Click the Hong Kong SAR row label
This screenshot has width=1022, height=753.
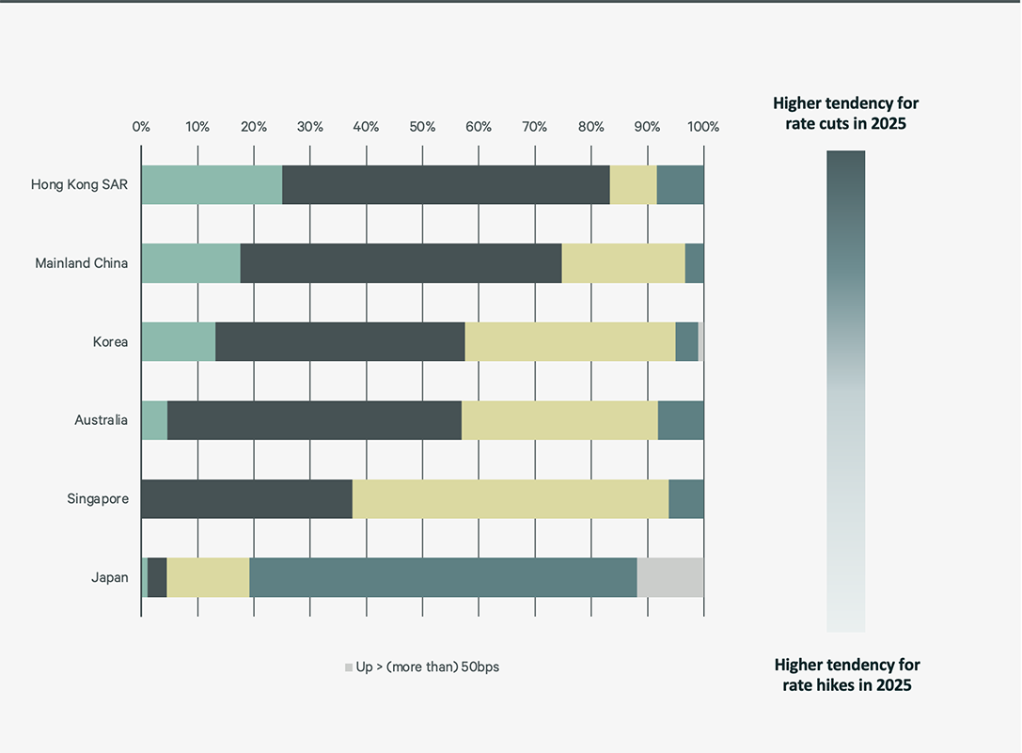[x=79, y=184]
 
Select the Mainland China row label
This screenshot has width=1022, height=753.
[x=81, y=263]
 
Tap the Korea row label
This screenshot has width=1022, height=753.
[x=110, y=342]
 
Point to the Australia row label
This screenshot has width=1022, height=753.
[x=101, y=420]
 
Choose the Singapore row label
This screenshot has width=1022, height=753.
[x=97, y=499]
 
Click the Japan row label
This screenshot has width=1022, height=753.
[x=109, y=577]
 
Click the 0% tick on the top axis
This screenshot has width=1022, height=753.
[x=141, y=127]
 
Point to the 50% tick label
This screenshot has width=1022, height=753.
[x=422, y=127]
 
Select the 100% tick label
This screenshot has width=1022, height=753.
[x=702, y=127]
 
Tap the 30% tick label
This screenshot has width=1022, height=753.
[x=309, y=127]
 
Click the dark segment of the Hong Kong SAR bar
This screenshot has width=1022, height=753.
[x=446, y=184]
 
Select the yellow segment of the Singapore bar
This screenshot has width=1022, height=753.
[x=511, y=499]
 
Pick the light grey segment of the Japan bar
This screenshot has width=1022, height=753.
[x=670, y=577]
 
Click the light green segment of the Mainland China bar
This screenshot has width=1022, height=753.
[x=191, y=263]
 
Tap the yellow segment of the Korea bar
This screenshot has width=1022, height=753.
[x=570, y=342]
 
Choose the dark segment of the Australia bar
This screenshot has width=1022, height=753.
[x=314, y=420]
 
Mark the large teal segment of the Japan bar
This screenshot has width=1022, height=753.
[x=443, y=577]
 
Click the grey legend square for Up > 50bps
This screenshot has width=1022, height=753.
[x=349, y=667]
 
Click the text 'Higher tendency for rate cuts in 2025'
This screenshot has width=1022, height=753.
[x=845, y=113]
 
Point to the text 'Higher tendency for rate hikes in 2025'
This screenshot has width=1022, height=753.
[x=846, y=675]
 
